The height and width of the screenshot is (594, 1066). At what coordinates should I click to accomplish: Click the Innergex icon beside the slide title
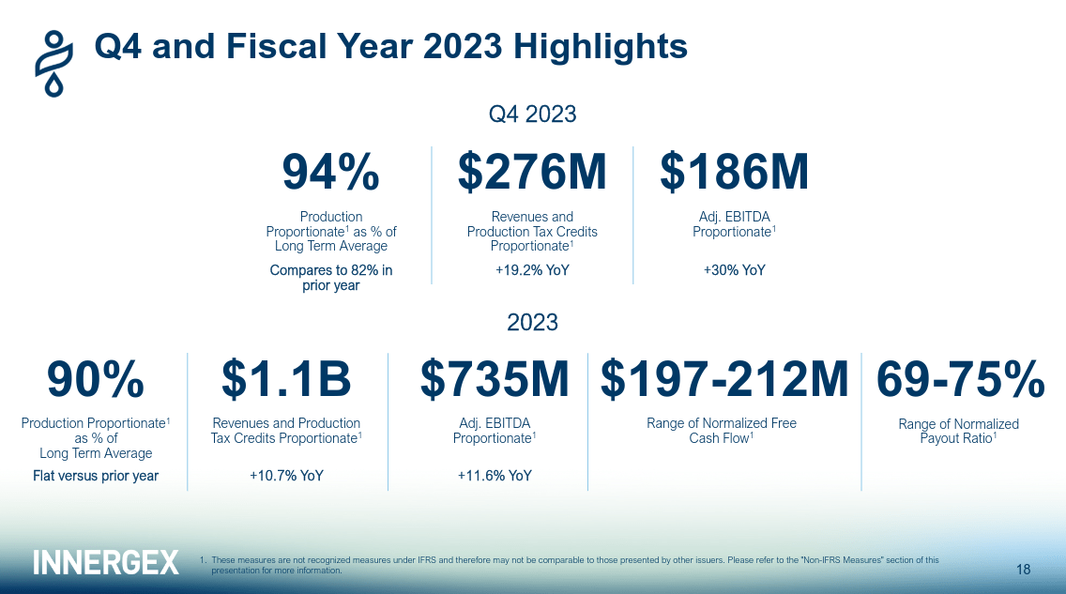tap(54, 62)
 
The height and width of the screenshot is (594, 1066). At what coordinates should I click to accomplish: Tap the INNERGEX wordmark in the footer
tap(105, 562)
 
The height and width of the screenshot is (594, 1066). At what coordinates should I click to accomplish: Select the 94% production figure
tap(330, 173)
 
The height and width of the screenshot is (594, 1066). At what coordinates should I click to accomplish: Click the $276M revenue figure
tap(532, 173)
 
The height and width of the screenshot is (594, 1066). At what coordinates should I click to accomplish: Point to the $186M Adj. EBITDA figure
tap(734, 173)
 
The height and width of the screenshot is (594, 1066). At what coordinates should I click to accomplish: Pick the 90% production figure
tap(95, 380)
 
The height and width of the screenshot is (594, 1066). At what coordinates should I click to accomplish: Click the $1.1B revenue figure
tap(286, 380)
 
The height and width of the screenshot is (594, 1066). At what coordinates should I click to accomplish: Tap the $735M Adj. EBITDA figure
tap(494, 380)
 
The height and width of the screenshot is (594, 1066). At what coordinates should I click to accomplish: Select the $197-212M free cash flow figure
tap(723, 380)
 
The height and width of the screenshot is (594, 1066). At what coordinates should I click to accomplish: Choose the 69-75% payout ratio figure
tap(959, 380)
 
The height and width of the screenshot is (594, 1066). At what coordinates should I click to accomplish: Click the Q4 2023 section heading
tap(532, 114)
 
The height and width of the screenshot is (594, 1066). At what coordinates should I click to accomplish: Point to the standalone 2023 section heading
tap(532, 323)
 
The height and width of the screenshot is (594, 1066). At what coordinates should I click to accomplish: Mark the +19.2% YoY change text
tap(532, 270)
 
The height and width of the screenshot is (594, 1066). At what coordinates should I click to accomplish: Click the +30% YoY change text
tap(734, 270)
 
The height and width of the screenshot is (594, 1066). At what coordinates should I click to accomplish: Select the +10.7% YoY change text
tap(286, 476)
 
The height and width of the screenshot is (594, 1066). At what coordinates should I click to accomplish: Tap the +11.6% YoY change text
tap(494, 476)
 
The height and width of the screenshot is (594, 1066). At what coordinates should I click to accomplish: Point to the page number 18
tap(1023, 570)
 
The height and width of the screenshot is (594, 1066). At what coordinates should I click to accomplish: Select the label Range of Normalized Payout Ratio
tap(958, 431)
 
